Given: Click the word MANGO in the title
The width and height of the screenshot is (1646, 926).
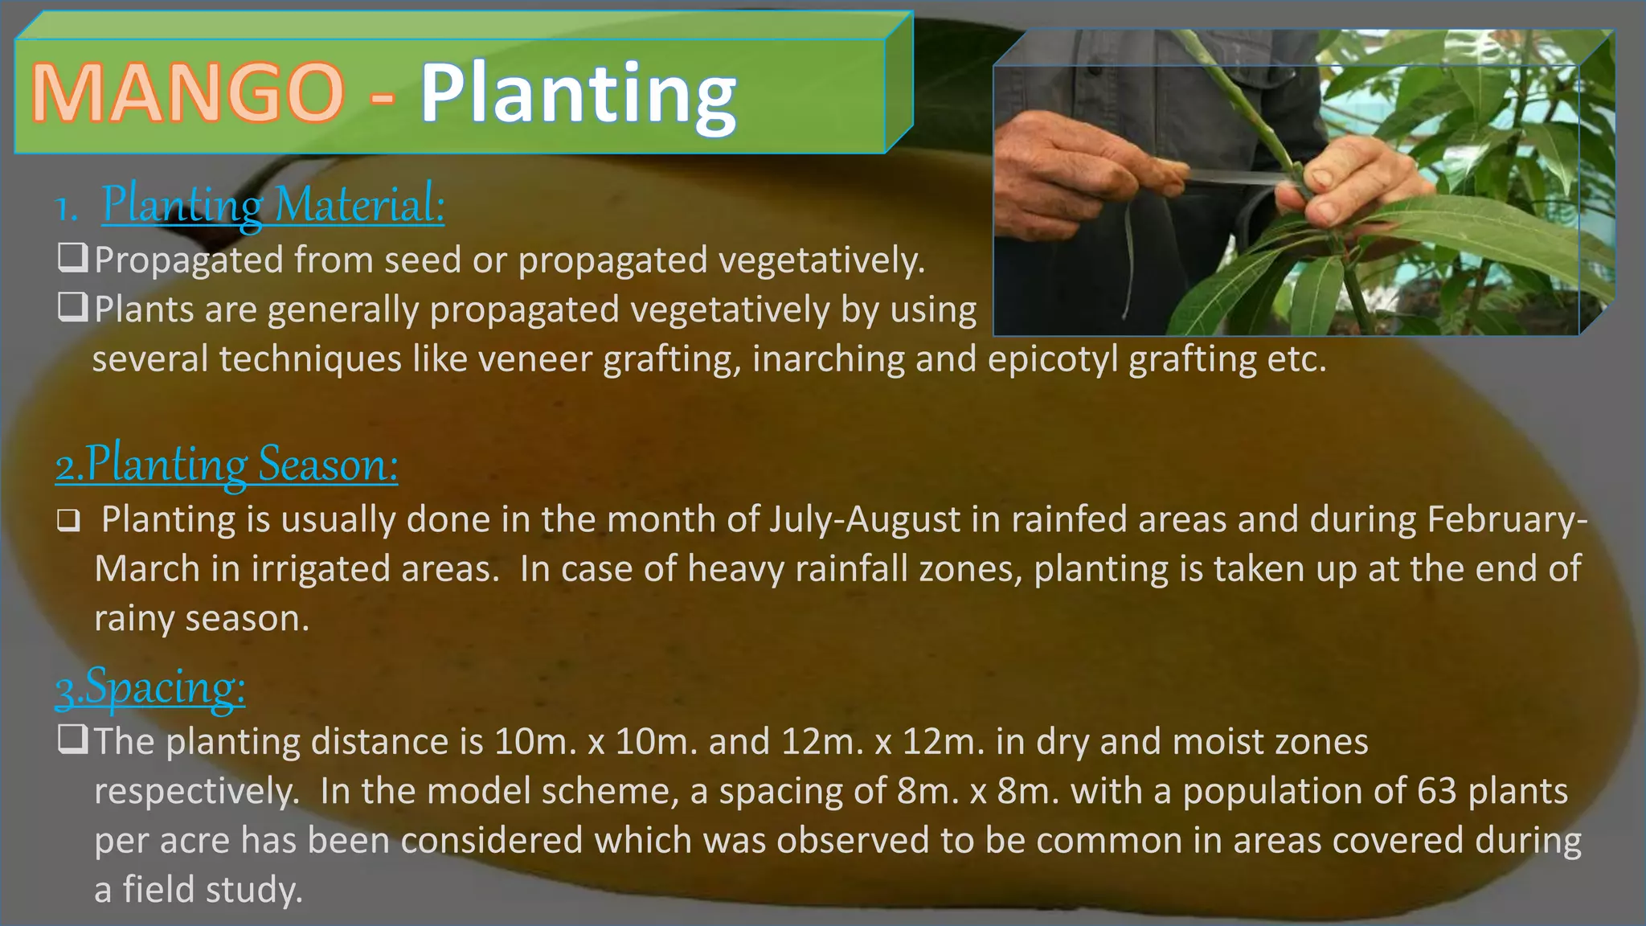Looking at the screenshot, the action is coord(187,93).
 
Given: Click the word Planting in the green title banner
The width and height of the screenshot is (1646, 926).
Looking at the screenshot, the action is coord(577,95).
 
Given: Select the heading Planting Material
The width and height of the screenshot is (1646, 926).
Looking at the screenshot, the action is coord(272,205).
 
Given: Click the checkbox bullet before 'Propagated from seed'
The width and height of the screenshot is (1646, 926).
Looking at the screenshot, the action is coord(72,258).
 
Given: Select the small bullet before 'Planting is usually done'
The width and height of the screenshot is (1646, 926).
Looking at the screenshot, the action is coord(68,522).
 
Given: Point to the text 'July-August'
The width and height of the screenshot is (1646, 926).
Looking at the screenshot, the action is coord(865,520).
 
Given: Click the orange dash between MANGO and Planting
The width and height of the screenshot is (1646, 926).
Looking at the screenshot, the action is coord(383,96).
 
